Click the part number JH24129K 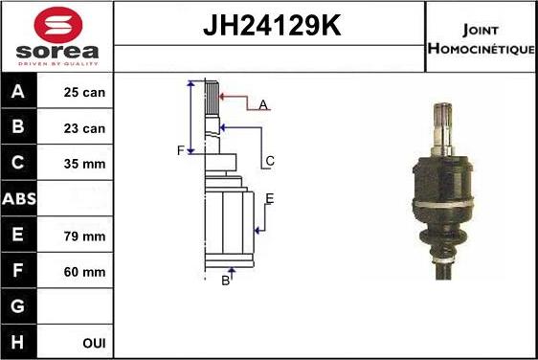click(272, 25)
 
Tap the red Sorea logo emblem click(58, 25)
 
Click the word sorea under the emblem click(57, 52)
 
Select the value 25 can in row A click(84, 92)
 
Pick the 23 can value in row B click(84, 128)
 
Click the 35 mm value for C click(84, 164)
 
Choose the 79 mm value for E click(84, 236)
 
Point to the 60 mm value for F click(84, 272)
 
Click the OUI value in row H click(94, 343)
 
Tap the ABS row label click(19, 199)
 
